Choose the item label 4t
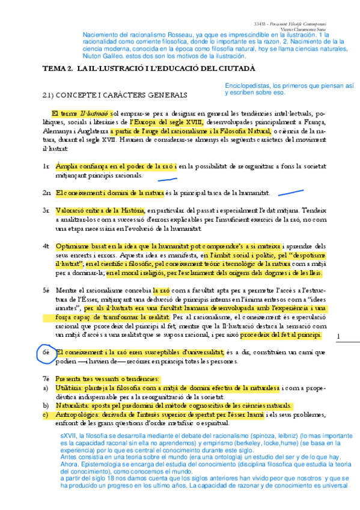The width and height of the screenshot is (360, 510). tap(46, 247)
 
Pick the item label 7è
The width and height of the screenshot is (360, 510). tap(46, 379)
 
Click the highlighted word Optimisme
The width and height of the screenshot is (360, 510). tap(70, 247)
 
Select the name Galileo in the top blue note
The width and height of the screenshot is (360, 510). tap(121, 55)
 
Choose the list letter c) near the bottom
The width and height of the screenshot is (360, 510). tap(46, 415)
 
